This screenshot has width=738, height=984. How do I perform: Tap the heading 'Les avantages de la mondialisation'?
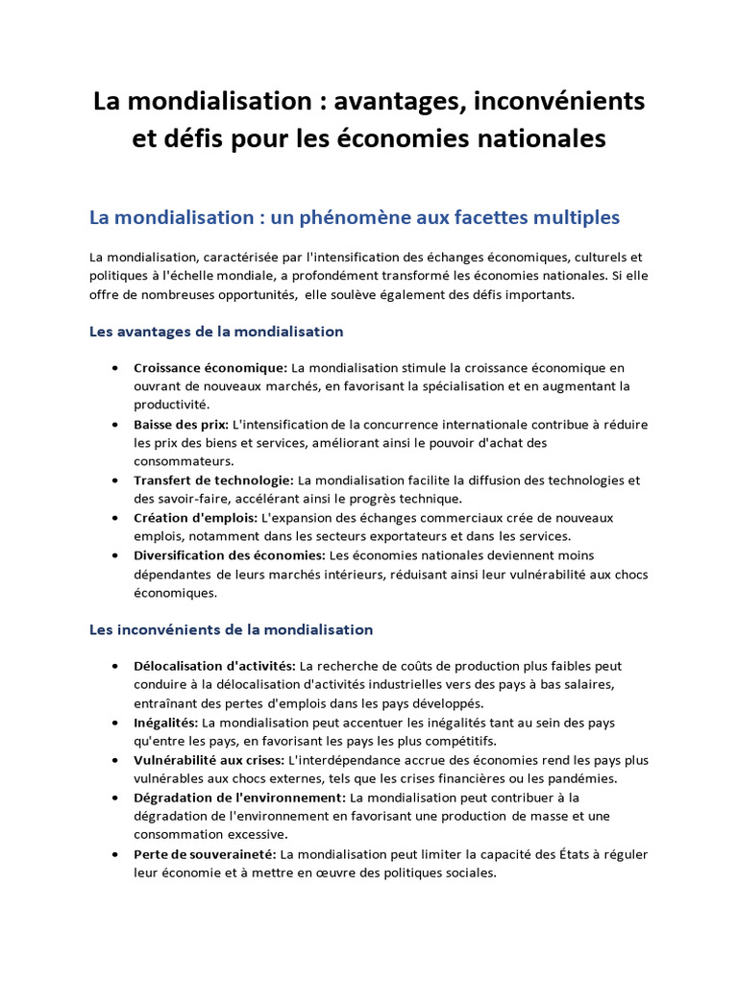click(x=216, y=332)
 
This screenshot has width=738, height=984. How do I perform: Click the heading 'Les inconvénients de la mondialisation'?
click(x=231, y=630)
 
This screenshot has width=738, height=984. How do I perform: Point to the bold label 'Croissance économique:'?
click(x=210, y=368)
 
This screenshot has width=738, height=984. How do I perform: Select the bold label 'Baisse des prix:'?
click(x=182, y=424)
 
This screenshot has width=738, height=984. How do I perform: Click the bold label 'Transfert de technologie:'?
click(x=213, y=480)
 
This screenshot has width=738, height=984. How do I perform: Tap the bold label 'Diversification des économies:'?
click(x=230, y=555)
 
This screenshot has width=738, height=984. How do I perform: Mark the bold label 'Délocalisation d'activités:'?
click(x=215, y=665)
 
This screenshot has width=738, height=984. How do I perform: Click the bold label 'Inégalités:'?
click(x=166, y=722)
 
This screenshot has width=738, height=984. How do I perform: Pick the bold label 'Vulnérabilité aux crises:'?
click(x=209, y=760)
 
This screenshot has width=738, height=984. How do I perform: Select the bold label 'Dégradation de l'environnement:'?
click(x=239, y=798)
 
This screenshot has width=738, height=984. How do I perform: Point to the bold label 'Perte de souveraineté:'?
click(x=206, y=854)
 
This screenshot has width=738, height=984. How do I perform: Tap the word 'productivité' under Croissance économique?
click(x=171, y=405)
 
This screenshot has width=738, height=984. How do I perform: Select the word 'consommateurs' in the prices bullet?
click(x=179, y=461)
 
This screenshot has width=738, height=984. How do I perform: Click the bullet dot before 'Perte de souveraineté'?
click(x=115, y=854)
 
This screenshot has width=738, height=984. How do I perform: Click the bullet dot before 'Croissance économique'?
click(x=115, y=368)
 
